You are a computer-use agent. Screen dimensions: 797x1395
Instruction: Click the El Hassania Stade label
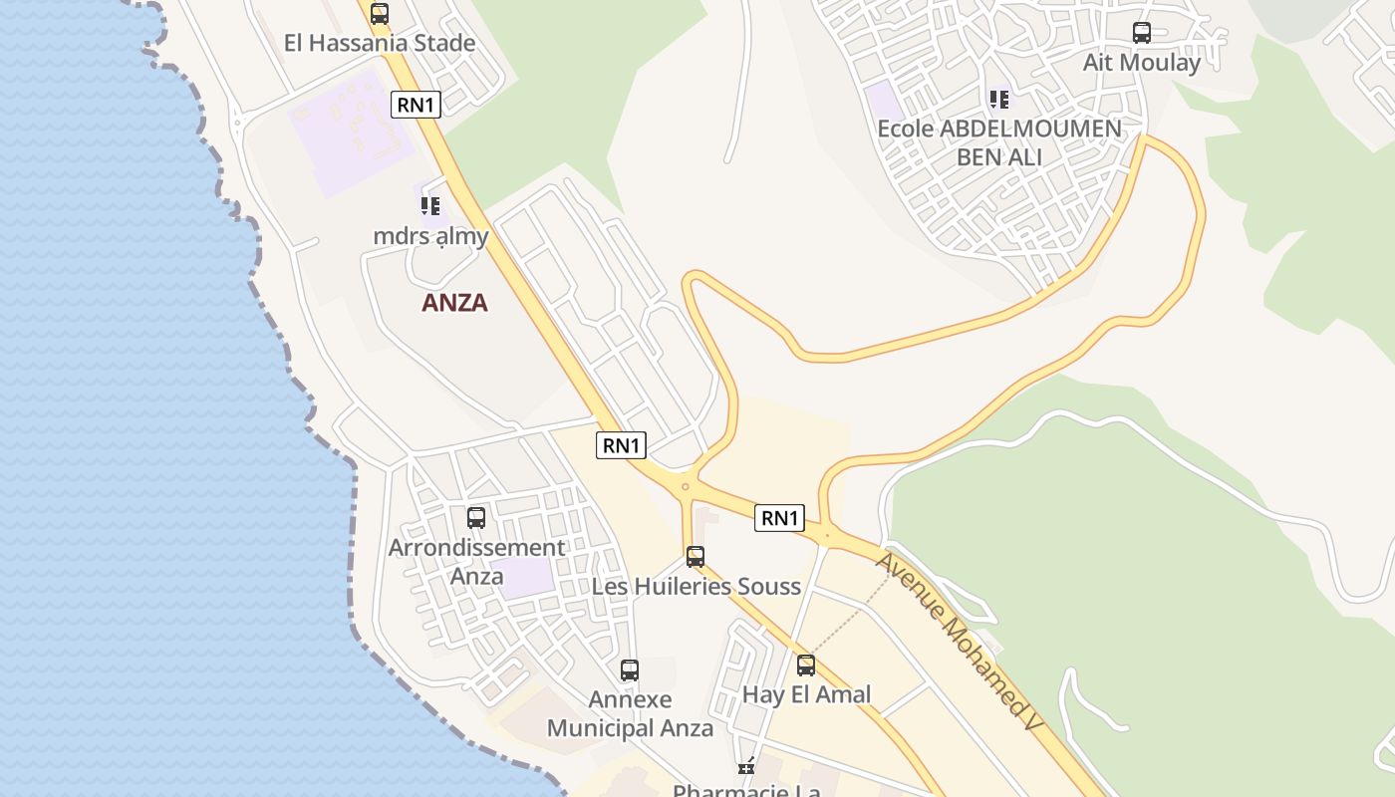tap(380, 44)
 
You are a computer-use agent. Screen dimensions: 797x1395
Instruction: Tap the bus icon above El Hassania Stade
tap(380, 14)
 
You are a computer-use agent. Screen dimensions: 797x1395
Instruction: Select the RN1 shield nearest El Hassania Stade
tap(416, 105)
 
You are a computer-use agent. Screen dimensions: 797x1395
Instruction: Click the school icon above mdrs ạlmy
tap(429, 206)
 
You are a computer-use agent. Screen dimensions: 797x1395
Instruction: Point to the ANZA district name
tap(454, 303)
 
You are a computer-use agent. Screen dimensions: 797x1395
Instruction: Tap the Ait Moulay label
tap(1142, 63)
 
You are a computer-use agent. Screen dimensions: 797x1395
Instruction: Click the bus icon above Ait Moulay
tap(1142, 33)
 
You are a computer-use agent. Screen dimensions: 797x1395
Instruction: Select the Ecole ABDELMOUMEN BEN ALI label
tap(999, 142)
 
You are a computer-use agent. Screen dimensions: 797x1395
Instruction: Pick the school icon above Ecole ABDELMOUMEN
tap(999, 100)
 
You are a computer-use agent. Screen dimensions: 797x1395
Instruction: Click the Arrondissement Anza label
tap(476, 562)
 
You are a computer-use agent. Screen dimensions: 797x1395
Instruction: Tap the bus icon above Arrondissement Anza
tap(476, 518)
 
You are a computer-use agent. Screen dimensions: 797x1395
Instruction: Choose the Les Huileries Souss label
tap(697, 586)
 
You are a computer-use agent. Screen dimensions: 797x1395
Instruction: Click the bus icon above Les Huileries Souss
tap(696, 556)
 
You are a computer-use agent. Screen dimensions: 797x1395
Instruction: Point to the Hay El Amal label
tap(807, 694)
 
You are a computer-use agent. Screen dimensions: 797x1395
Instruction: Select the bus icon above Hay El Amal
tap(806, 664)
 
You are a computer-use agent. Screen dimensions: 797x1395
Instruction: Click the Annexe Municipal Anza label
tap(630, 713)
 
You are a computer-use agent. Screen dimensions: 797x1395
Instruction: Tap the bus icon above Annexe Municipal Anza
tap(630, 670)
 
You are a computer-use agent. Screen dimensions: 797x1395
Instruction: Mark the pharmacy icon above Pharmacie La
tap(745, 766)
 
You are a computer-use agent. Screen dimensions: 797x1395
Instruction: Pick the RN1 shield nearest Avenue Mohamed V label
tap(779, 518)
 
